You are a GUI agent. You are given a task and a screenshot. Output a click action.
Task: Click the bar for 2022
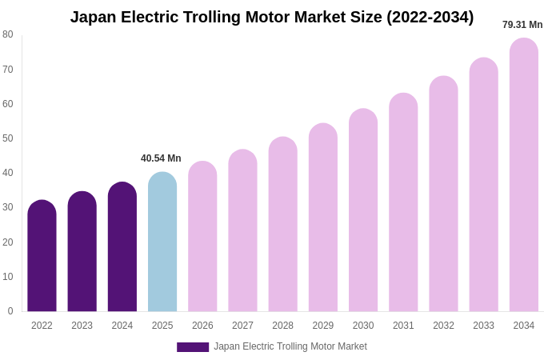[42, 256]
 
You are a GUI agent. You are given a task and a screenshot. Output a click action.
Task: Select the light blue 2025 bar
[162, 242]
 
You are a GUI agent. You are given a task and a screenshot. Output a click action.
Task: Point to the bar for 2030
[363, 210]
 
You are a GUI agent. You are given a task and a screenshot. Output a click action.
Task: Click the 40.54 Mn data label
[161, 158]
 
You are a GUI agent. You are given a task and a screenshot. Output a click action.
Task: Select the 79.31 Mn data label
[522, 25]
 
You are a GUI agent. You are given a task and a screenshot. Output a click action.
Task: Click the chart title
[272, 17]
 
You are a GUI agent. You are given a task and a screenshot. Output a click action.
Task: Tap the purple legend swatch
[193, 347]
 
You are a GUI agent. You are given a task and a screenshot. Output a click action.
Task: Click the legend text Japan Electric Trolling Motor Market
[290, 346]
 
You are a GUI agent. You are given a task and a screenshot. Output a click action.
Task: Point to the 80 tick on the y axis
[8, 34]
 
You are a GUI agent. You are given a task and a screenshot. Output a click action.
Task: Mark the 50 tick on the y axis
[8, 138]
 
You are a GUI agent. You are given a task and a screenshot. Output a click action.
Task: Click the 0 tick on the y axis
[10, 311]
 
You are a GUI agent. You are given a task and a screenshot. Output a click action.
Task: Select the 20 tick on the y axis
[8, 242]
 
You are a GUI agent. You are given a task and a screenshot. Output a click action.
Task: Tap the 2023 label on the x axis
[82, 326]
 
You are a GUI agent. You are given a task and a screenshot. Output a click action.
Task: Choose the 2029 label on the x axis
[323, 326]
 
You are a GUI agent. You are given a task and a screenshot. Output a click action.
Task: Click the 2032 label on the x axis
[443, 326]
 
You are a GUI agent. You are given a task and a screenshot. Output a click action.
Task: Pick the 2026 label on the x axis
[202, 326]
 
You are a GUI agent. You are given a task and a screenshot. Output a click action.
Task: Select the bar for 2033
[483, 184]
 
